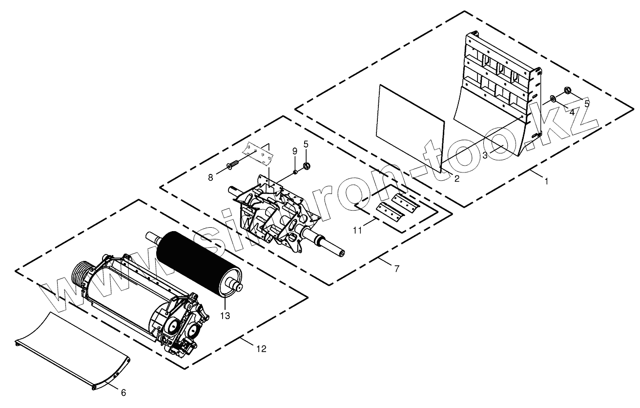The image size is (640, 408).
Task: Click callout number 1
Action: [x=546, y=181]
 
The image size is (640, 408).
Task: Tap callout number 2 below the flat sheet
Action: [x=457, y=179]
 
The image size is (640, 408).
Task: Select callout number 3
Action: [x=485, y=155]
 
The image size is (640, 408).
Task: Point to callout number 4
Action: [x=572, y=112]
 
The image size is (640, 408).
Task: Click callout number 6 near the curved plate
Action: [x=123, y=392]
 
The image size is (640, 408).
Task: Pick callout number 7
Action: [x=396, y=269]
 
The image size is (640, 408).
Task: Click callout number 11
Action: [x=358, y=230]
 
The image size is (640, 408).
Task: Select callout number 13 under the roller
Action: [x=225, y=316]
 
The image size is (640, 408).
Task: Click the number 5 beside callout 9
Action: [x=306, y=144]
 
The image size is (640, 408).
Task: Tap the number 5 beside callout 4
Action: [x=587, y=103]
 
